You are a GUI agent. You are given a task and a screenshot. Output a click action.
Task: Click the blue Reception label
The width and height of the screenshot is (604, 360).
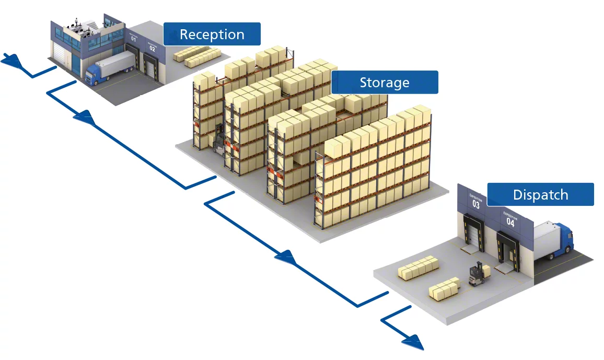(212, 34)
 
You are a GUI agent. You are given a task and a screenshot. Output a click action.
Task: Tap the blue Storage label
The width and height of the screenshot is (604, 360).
(384, 83)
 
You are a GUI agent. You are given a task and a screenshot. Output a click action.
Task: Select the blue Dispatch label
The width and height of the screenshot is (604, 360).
(540, 195)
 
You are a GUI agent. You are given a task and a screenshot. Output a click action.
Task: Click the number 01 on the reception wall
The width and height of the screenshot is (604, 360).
(134, 39)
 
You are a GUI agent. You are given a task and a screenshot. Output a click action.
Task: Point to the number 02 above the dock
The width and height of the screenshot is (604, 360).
(152, 48)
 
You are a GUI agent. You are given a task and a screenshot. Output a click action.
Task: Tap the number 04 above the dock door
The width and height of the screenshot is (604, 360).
(510, 223)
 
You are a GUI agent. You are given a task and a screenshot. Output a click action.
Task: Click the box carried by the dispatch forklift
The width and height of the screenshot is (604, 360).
(486, 271)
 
